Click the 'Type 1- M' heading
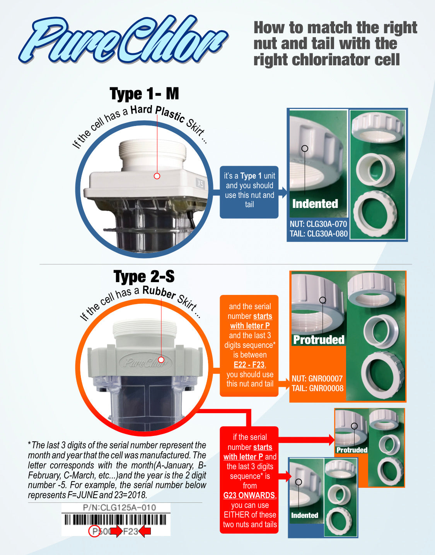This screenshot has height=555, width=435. [144, 94]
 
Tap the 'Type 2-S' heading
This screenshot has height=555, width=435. [144, 277]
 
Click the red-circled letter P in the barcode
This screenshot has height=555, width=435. [94, 531]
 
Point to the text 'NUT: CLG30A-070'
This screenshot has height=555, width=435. [318, 224]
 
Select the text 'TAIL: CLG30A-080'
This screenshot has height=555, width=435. [318, 234]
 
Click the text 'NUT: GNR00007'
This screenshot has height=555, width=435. [317, 379]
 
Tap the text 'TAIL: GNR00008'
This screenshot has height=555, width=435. [317, 388]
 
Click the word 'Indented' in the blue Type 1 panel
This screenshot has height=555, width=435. [315, 204]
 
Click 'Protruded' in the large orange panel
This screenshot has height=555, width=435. [319, 340]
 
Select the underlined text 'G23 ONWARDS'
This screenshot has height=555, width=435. [249, 495]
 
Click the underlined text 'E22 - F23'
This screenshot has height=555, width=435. [249, 364]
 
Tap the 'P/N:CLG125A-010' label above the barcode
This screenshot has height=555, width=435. [119, 507]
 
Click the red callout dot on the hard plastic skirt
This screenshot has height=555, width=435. [157, 176]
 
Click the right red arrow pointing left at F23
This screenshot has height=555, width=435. [145, 531]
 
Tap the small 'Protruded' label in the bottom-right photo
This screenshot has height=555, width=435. [351, 450]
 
